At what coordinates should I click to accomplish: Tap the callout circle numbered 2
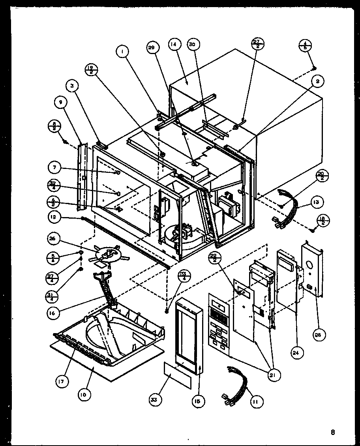(x=318, y=81)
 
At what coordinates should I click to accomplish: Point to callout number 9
(x=60, y=103)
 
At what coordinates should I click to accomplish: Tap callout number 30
(x=192, y=45)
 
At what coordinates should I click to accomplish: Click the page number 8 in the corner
(x=333, y=433)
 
